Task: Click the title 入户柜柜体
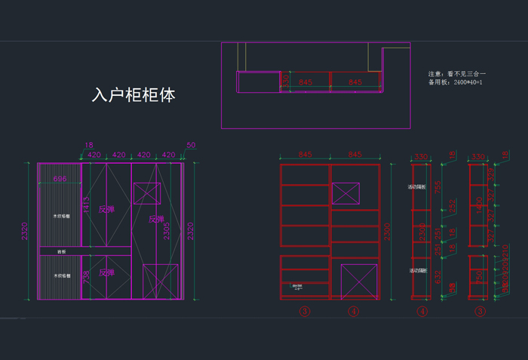[x=133, y=96]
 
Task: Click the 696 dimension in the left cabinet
[x=60, y=179]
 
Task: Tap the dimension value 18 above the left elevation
[x=89, y=144]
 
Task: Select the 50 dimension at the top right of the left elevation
[x=191, y=144]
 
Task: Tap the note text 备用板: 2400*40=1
[x=455, y=82]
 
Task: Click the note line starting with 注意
[x=455, y=73]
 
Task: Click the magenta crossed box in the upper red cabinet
[x=346, y=193]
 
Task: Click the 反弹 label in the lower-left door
[x=106, y=272]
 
